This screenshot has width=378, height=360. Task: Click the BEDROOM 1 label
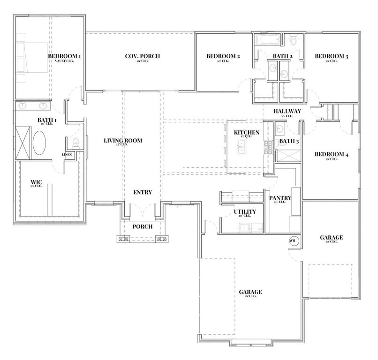[x=65, y=56]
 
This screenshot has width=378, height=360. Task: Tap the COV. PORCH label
[x=142, y=56]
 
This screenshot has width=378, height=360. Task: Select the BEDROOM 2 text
[x=223, y=56]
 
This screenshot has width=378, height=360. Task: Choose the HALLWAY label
[x=287, y=111]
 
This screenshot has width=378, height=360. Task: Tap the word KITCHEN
[x=246, y=133]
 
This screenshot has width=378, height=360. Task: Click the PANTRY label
[x=280, y=198]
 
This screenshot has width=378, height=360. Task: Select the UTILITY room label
[x=245, y=212]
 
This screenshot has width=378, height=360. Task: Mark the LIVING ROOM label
[x=122, y=141]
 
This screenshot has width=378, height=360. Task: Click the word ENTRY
[x=142, y=192]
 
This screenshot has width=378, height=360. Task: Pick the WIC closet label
[x=37, y=181]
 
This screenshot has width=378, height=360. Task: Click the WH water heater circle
[x=294, y=240]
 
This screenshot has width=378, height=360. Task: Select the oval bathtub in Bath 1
[x=39, y=142]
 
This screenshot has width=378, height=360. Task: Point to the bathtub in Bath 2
[x=268, y=39]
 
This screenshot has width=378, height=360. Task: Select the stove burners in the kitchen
[x=269, y=148]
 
